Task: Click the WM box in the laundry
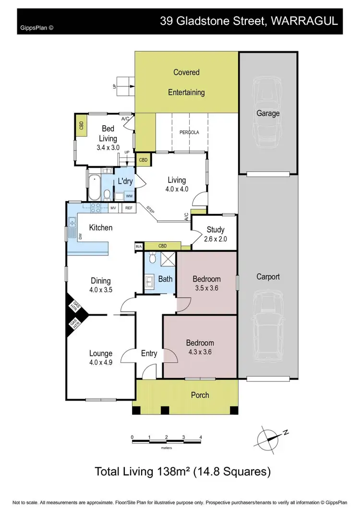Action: point(129,196)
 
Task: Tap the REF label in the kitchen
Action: point(129,208)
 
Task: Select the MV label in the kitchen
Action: point(114,208)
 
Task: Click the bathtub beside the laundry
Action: point(94,188)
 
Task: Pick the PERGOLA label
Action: point(189,131)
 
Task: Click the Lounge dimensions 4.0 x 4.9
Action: point(101,363)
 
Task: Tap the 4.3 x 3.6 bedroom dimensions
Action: point(200,352)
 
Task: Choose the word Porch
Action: point(200,395)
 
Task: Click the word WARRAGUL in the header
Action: point(305,21)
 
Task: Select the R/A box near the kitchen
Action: point(139,247)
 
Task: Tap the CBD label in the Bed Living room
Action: point(81,126)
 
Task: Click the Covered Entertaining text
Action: point(186,82)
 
